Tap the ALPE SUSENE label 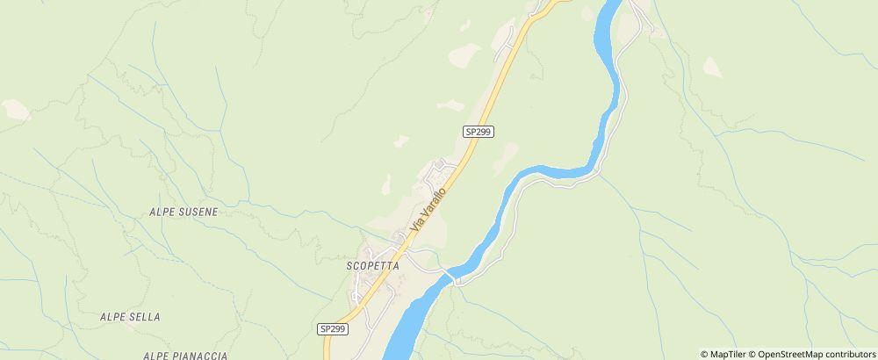[x=184, y=212]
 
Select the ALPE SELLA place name [x=130, y=316]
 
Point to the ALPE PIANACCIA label [x=185, y=355]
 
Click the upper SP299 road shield [x=479, y=131]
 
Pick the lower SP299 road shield [x=333, y=328]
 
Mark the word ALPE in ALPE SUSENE [x=163, y=212]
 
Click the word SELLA [x=144, y=316]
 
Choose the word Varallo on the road [x=434, y=202]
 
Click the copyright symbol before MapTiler [x=704, y=354]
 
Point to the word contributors [x=844, y=354]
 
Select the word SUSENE [x=199, y=212]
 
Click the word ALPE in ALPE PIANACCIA [x=156, y=355]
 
